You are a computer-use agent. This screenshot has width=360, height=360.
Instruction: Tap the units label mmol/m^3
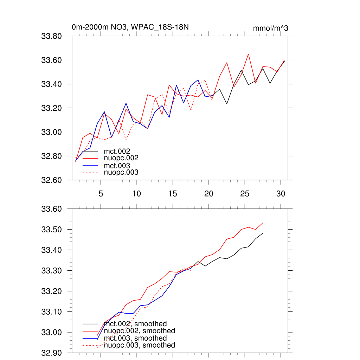pyautogui.click(x=270, y=28)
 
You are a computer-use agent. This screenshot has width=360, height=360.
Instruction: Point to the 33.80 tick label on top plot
pyautogui.click(x=52, y=36)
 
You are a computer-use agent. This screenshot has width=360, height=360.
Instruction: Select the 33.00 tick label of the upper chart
pyautogui.click(x=52, y=132)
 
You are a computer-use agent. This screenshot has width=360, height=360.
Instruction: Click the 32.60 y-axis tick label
pyautogui.click(x=52, y=180)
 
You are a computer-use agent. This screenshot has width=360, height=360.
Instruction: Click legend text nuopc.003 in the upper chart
pyautogui.click(x=121, y=172)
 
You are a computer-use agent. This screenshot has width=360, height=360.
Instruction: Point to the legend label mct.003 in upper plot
pyautogui.click(x=117, y=165)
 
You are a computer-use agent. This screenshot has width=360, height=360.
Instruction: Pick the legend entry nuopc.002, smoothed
pyautogui.click(x=139, y=331)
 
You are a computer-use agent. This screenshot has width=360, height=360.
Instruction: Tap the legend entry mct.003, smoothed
pyautogui.click(x=135, y=338)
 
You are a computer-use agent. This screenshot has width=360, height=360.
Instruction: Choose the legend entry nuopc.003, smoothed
pyautogui.click(x=139, y=345)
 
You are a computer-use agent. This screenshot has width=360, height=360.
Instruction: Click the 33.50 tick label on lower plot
pyautogui.click(x=52, y=230)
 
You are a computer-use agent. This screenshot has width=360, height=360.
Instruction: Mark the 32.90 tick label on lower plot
pyautogui.click(x=52, y=353)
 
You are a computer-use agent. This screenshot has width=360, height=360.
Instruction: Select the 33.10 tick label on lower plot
pyautogui.click(x=52, y=312)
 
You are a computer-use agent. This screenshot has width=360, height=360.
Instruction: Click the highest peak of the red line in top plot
pyautogui.click(x=248, y=54)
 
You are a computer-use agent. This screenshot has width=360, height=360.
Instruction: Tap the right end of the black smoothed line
pyautogui.click(x=263, y=233)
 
